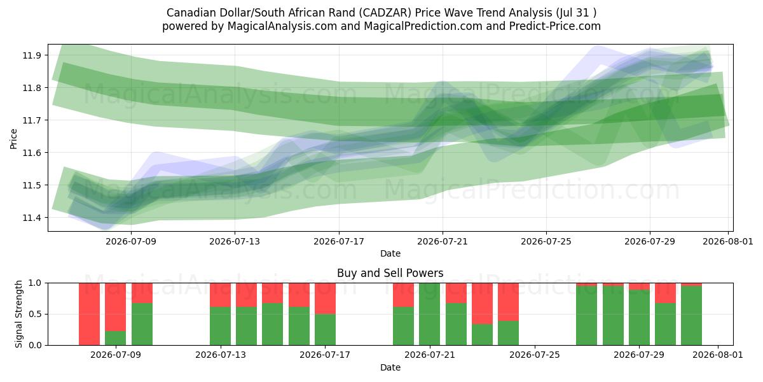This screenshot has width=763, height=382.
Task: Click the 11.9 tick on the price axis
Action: [x=31, y=55]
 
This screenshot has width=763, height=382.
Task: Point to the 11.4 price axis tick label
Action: [x=31, y=218]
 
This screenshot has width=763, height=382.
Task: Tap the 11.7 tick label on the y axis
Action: [x=31, y=120]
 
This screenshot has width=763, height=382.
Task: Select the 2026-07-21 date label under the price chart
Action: [x=443, y=241]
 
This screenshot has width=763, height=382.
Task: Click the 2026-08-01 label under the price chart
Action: [x=728, y=241]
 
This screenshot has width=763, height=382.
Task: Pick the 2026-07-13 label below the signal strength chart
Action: [x=221, y=355]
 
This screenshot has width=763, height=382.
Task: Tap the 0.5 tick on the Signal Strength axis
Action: [x=36, y=314]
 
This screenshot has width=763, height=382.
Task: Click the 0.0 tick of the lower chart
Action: [x=36, y=345]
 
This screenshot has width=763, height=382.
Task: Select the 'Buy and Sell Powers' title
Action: [x=390, y=273]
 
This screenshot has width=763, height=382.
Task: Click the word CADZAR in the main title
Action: [x=385, y=13]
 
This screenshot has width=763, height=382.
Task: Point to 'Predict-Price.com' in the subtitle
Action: [x=555, y=26]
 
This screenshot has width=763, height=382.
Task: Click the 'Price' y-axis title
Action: [x=13, y=139]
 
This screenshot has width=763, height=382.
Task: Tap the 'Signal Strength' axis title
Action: [x=18, y=314]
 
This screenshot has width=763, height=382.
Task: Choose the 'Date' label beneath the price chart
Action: [x=390, y=253]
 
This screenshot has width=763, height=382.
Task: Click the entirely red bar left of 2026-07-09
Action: [x=89, y=314]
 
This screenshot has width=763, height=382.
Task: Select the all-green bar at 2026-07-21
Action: [x=430, y=314]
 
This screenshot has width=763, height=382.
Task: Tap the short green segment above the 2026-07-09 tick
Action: [x=116, y=338]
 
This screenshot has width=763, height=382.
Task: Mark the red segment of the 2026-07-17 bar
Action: [x=326, y=299]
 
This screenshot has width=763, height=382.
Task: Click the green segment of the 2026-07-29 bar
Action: [x=640, y=318]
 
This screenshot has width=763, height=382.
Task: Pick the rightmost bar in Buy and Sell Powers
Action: [x=692, y=314]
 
